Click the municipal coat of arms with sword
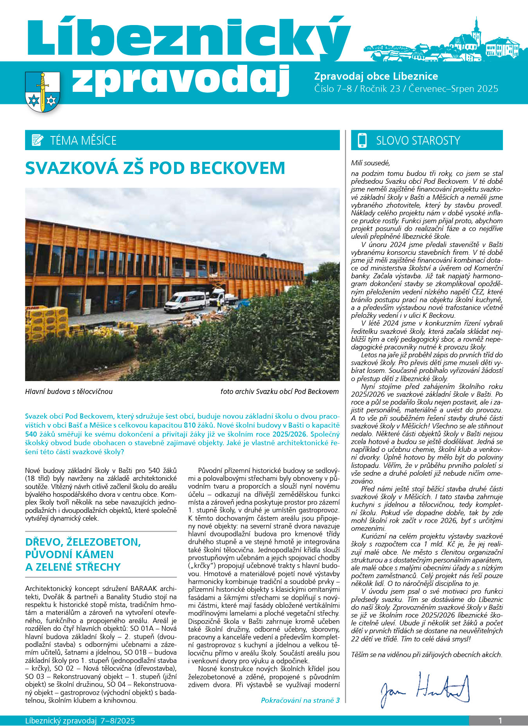click(42, 91)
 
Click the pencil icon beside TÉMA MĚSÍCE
click(37, 140)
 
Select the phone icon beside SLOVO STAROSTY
click(362, 140)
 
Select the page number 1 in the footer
click(500, 721)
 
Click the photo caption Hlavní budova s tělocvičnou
click(69, 391)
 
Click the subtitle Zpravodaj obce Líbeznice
click(376, 76)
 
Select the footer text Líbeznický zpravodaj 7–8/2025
click(80, 721)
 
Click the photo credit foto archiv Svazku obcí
click(279, 391)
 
